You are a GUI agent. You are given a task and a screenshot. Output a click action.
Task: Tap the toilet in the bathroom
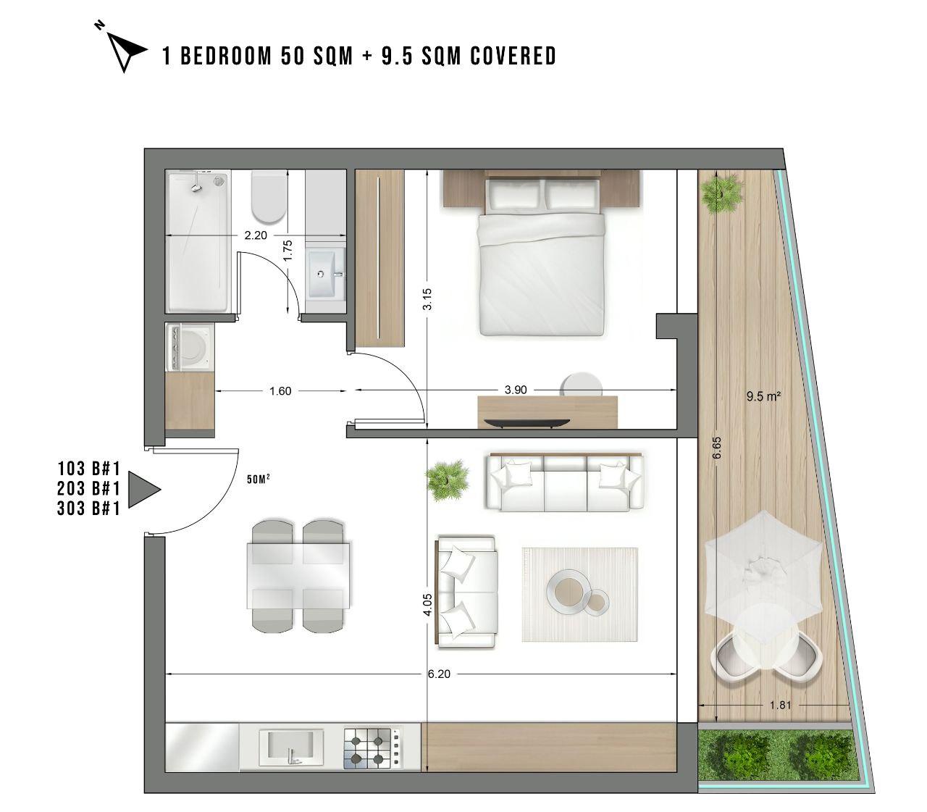(x=269, y=196)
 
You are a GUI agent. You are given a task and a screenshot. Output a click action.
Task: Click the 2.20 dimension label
(x=256, y=235)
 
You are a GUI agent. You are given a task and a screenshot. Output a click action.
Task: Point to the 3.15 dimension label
(x=427, y=299)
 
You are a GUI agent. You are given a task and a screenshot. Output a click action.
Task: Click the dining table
(x=298, y=576)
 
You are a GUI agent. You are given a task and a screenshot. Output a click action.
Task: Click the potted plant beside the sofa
(x=447, y=480)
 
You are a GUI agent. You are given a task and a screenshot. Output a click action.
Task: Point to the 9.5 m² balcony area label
(x=763, y=396)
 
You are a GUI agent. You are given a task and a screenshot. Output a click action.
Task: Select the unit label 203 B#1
(x=89, y=488)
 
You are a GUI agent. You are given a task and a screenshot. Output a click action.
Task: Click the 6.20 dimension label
(x=439, y=674)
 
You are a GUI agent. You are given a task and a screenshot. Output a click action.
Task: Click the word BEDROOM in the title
(x=226, y=56)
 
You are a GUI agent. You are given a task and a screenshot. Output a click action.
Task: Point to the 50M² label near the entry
(x=259, y=479)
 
